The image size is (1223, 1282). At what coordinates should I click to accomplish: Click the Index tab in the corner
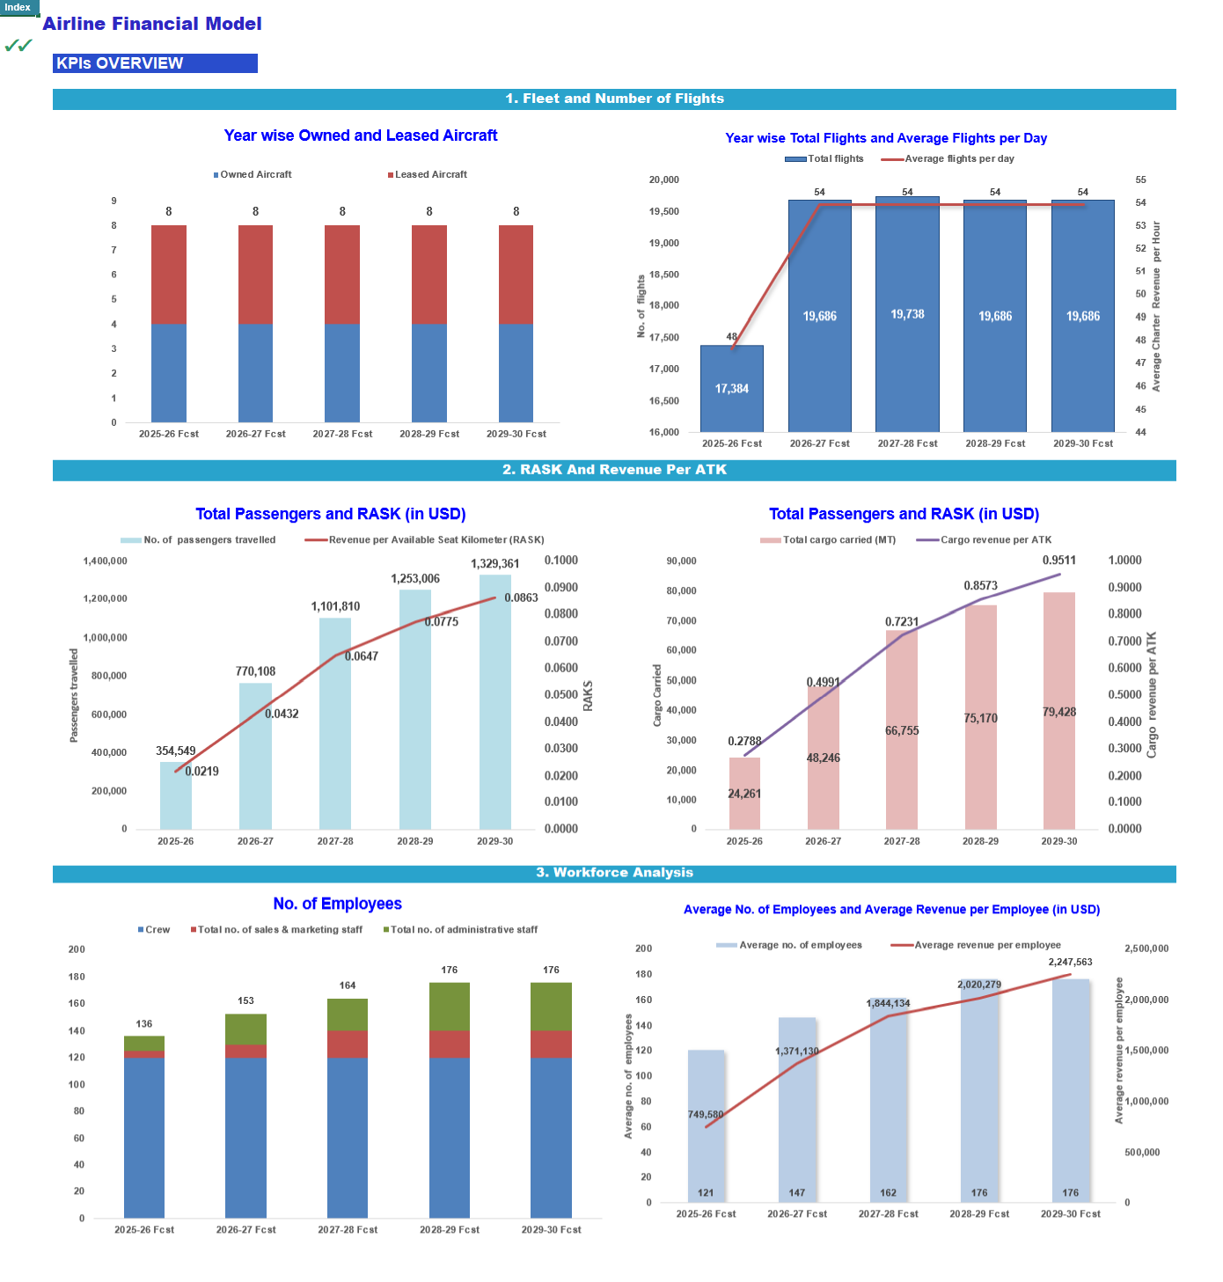[18, 7]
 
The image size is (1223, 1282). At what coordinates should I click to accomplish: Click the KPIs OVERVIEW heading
[155, 63]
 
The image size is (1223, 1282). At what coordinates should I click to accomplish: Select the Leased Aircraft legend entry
[428, 174]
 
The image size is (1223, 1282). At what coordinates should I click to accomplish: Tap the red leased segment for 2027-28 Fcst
[341, 275]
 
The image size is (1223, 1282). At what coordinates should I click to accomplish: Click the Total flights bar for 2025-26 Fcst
[731, 388]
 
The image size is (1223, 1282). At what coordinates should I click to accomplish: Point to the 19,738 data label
[907, 313]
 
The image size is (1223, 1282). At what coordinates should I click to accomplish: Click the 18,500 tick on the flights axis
[663, 275]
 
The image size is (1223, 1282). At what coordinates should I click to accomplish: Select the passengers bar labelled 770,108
[255, 756]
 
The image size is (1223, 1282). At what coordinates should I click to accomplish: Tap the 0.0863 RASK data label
[521, 597]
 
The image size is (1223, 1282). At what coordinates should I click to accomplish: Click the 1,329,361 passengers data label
[494, 563]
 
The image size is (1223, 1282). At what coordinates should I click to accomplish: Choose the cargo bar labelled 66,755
[902, 729]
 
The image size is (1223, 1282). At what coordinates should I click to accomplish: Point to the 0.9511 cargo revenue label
[1058, 560]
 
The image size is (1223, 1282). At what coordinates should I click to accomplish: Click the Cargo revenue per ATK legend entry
[984, 539]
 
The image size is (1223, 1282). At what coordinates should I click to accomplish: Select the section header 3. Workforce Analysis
[614, 872]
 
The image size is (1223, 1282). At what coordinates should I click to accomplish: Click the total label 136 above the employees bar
[144, 1023]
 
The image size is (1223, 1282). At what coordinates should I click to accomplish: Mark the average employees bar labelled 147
[796, 1110]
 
